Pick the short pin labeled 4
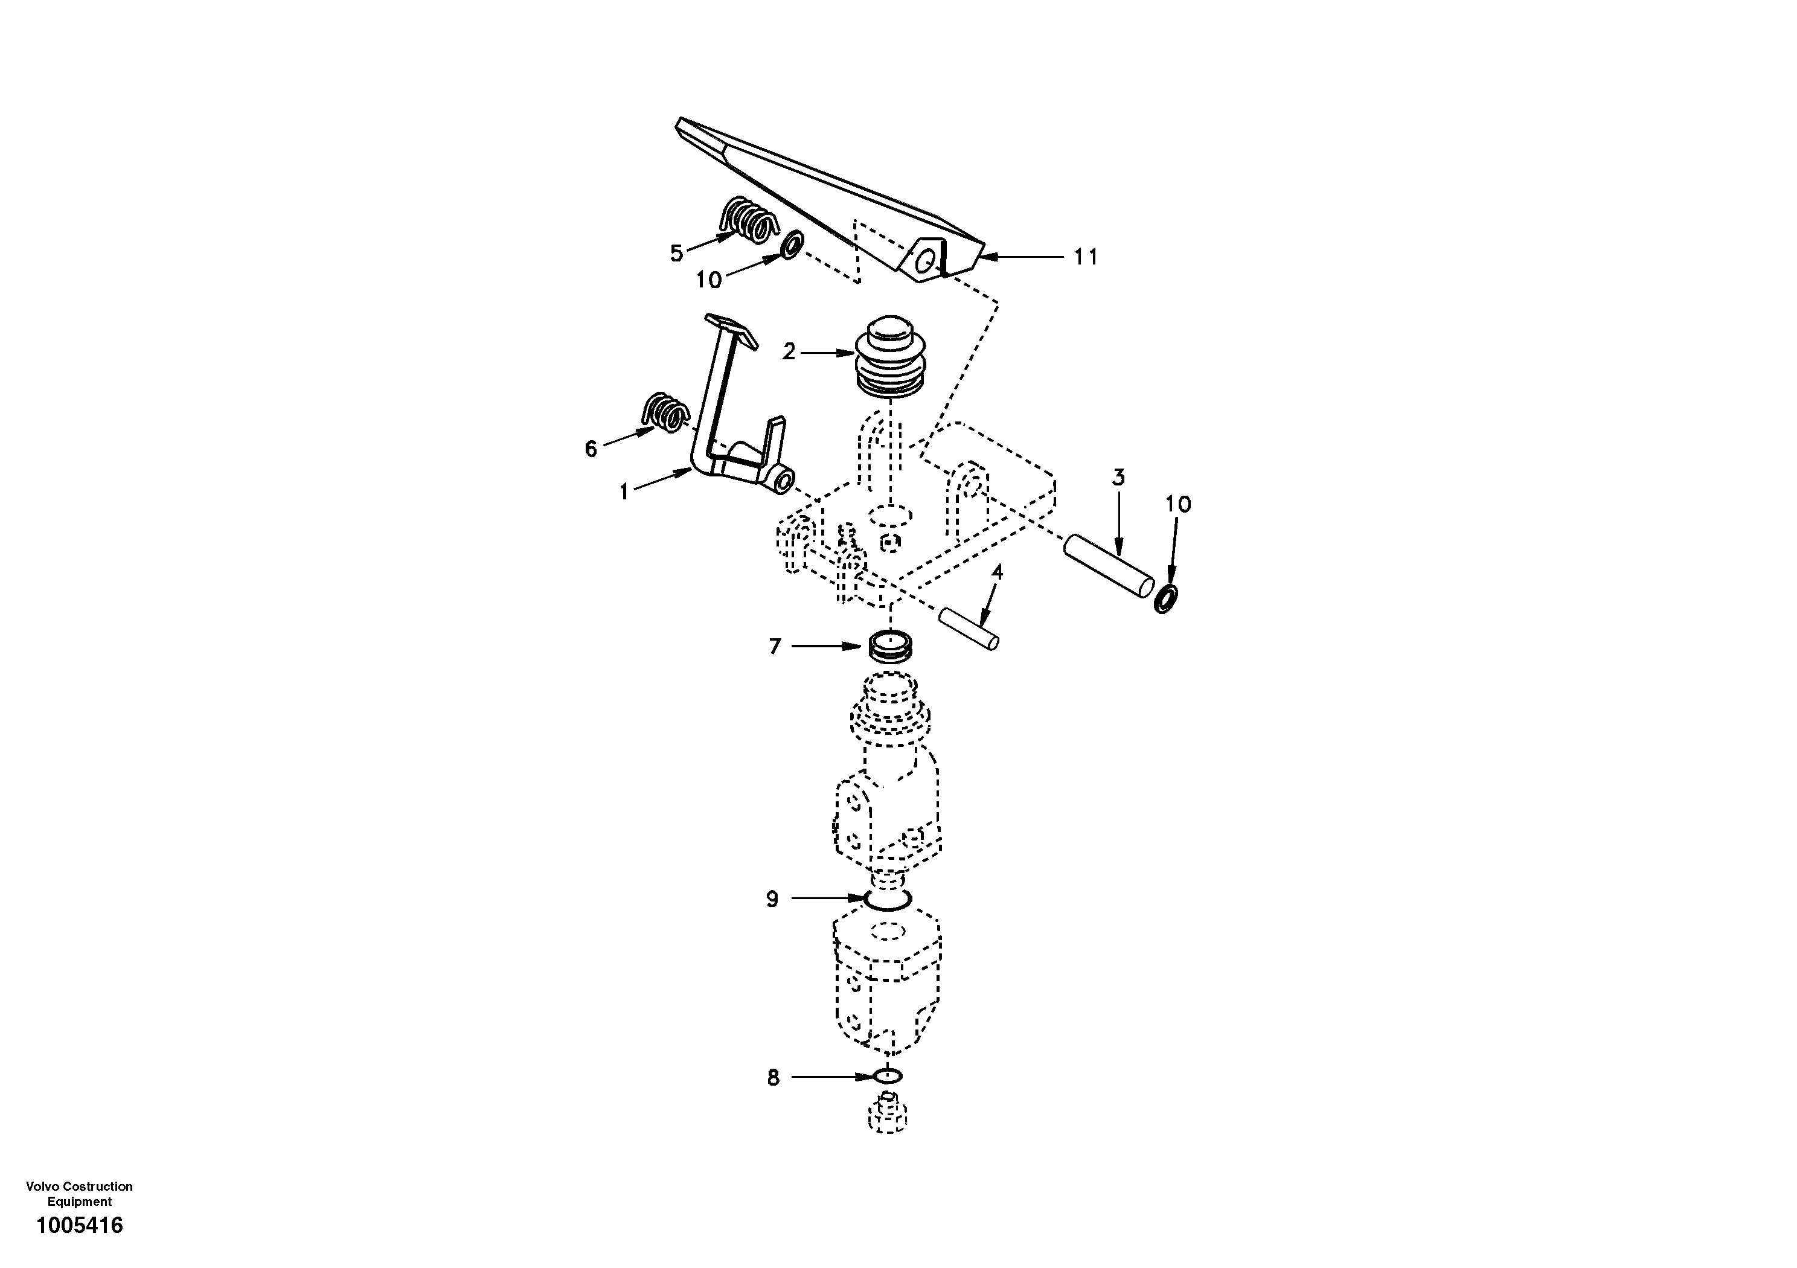[970, 629]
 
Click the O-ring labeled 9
[888, 901]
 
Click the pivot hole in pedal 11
[925, 261]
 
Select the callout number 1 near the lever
[624, 492]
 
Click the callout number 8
[774, 1078]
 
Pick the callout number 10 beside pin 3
[1178, 505]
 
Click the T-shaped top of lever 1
[184, 328]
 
